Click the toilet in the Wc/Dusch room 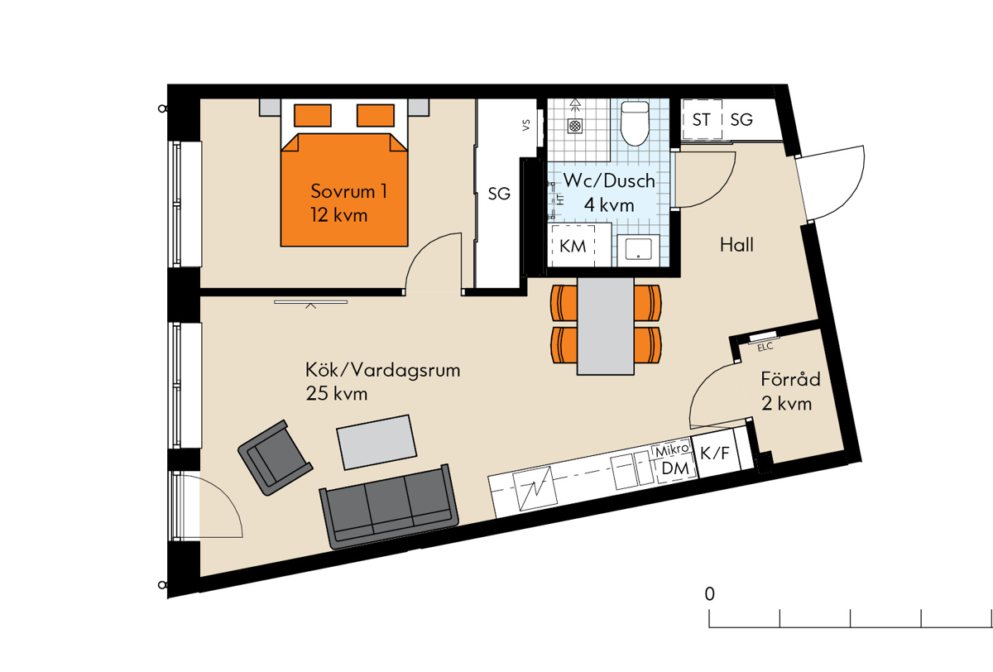[635, 122]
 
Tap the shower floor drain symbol [575, 126]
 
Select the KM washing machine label [573, 246]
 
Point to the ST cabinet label [702, 120]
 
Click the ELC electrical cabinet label [765, 347]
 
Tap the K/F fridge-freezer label [715, 454]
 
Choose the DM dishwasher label [675, 468]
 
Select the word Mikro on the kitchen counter [672, 450]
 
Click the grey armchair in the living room [276, 458]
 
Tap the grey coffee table [377, 442]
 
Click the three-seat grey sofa [389, 506]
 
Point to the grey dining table [605, 326]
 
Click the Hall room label [736, 245]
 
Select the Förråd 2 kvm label [790, 391]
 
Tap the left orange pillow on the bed [313, 115]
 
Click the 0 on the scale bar [709, 594]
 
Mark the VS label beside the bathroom [526, 126]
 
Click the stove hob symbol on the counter [535, 488]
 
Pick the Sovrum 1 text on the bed [349, 191]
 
